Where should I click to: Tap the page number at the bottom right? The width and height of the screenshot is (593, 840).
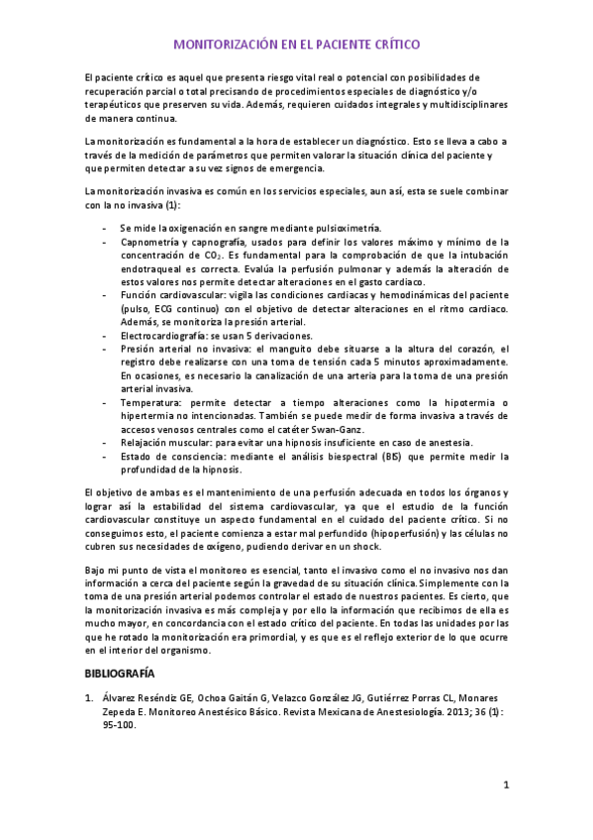point(506,787)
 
